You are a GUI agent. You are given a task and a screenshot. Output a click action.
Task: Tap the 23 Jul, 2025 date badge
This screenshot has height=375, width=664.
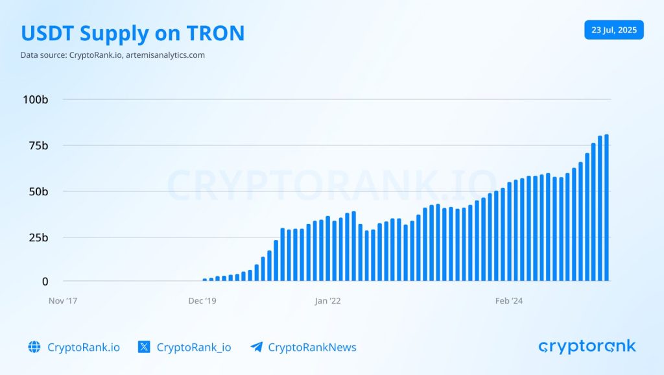tap(613, 30)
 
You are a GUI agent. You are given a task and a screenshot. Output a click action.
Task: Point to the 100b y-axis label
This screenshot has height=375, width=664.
tap(36, 99)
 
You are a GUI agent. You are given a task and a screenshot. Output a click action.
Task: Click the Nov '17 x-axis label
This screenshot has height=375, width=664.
tap(63, 301)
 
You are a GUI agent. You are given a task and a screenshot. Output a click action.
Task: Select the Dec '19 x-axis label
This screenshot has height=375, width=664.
tap(202, 301)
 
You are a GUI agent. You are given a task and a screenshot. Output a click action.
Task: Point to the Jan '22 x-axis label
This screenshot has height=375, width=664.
tap(327, 301)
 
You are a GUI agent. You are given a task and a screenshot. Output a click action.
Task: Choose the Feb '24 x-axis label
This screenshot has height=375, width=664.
tap(508, 301)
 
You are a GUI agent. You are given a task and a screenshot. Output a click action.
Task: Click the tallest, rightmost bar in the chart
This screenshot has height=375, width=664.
tap(606, 208)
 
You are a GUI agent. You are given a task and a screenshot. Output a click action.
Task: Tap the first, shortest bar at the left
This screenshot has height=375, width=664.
tap(205, 280)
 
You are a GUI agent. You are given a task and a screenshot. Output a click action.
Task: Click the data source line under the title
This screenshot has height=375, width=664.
tap(113, 55)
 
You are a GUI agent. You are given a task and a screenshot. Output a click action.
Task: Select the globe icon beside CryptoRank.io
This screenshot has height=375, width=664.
tap(34, 347)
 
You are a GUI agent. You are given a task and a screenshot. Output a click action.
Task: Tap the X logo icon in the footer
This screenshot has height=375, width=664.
tap(145, 347)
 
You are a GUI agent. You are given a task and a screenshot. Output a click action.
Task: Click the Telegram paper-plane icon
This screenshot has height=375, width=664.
tap(256, 347)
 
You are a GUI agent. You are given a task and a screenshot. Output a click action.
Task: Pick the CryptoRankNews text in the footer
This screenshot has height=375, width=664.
tap(312, 347)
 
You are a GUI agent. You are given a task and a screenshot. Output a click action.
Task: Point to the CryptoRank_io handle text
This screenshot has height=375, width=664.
tap(194, 347)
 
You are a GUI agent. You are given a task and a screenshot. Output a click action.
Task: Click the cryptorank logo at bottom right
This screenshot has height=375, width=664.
tap(587, 346)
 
